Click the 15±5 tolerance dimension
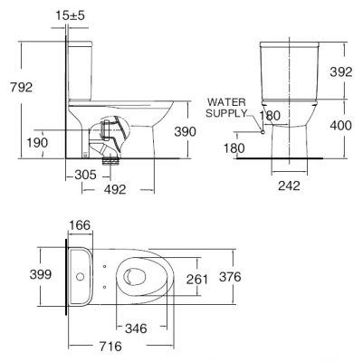(71, 15)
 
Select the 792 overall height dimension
(21, 87)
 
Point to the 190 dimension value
(37, 143)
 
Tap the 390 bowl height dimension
(185, 131)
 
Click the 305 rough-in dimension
(85, 175)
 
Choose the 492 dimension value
(115, 189)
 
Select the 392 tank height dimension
(341, 71)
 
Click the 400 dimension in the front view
(340, 125)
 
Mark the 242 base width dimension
(289, 186)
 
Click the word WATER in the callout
(226, 102)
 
